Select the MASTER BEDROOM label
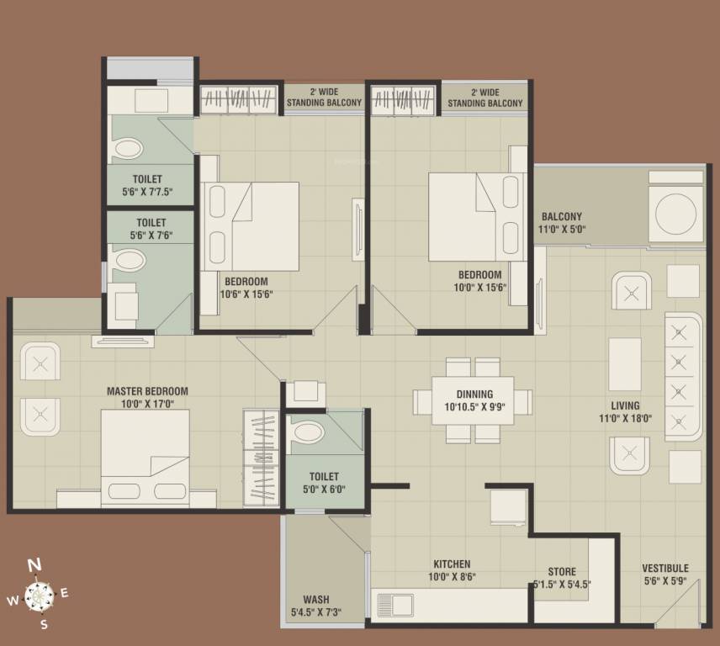[x=147, y=391]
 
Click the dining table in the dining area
[x=474, y=400]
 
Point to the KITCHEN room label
[x=452, y=564]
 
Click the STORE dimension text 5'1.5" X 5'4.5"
[x=562, y=585]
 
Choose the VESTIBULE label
[x=664, y=569]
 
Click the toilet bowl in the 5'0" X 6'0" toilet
[x=309, y=432]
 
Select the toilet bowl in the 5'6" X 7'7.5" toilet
[x=128, y=150]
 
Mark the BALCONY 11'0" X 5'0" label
[x=562, y=222]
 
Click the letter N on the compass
[x=34, y=565]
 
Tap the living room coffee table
[x=625, y=363]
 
